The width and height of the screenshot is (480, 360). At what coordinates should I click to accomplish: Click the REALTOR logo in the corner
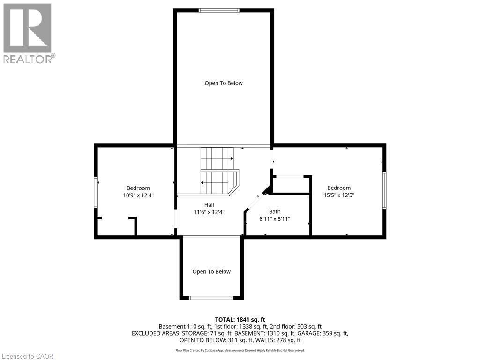coord(28,33)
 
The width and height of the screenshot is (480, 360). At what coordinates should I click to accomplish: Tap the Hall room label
coord(209,205)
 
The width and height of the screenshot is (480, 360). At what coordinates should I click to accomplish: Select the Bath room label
coord(275,211)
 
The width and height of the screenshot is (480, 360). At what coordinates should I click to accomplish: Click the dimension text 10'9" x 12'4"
coord(138,195)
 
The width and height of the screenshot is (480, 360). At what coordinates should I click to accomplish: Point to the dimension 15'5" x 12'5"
coord(338,195)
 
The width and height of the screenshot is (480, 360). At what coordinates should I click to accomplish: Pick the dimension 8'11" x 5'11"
coord(275,218)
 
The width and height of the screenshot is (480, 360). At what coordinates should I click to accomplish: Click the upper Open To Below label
coord(224,83)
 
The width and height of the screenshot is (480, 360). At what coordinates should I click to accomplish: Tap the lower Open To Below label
coord(211,271)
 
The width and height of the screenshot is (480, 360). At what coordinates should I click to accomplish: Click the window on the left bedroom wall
coord(96,192)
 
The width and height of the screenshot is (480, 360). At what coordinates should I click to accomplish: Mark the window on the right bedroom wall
coord(384,190)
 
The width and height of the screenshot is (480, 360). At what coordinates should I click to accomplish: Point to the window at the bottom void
coord(211,297)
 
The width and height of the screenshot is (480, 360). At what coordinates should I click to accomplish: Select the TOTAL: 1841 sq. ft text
coord(240,319)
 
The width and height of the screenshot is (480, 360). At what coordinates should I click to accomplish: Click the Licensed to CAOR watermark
coord(27,356)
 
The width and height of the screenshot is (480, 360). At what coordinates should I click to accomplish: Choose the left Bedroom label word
coord(138,188)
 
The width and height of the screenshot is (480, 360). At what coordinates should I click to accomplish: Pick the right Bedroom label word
coord(338,188)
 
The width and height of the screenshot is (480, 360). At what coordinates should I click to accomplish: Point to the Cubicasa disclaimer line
coord(240,350)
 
